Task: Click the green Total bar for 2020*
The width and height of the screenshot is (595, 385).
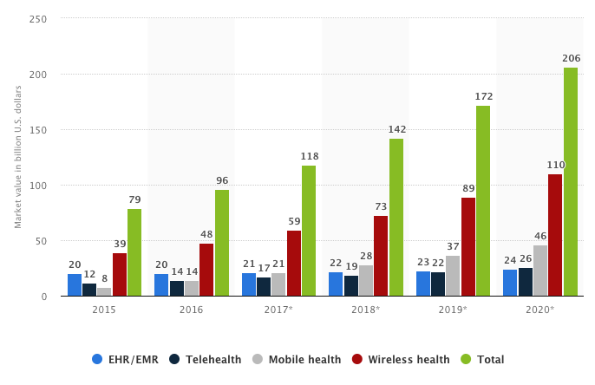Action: click(570, 182)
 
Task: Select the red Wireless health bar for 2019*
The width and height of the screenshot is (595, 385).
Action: click(468, 247)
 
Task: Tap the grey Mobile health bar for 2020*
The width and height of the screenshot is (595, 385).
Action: click(540, 271)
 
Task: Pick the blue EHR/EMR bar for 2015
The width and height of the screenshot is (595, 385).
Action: click(75, 285)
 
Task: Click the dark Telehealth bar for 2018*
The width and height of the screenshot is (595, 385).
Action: click(351, 286)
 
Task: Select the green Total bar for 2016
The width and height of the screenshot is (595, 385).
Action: click(222, 244)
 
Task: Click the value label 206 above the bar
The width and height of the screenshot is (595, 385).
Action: click(571, 59)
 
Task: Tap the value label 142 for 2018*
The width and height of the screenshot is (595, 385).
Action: click(396, 130)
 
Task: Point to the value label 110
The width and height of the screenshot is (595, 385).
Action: click(555, 165)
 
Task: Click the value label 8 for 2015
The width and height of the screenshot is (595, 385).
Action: click(105, 279)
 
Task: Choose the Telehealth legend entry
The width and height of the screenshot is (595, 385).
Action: click(206, 360)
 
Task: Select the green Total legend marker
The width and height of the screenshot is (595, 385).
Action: click(467, 360)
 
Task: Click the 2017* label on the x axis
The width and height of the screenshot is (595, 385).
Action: click(278, 310)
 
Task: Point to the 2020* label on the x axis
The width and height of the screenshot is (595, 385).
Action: click(540, 310)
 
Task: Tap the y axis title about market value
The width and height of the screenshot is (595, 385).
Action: click(17, 158)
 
